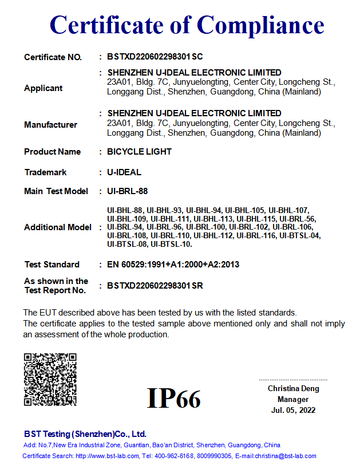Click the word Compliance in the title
point(260,25)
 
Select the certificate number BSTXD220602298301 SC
point(155,57)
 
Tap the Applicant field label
point(43,88)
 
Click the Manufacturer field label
point(50,125)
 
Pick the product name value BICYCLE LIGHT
point(139,152)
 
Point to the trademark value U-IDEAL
point(124,172)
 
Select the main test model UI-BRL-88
point(128,191)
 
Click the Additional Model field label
point(57,227)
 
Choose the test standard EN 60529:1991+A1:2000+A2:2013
point(173,265)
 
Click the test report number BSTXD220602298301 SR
point(155,286)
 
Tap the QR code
point(50,380)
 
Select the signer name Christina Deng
point(293,389)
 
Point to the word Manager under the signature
point(293,399)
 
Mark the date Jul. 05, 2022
point(293,410)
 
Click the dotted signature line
point(293,380)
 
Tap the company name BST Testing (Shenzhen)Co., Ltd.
point(85,434)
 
